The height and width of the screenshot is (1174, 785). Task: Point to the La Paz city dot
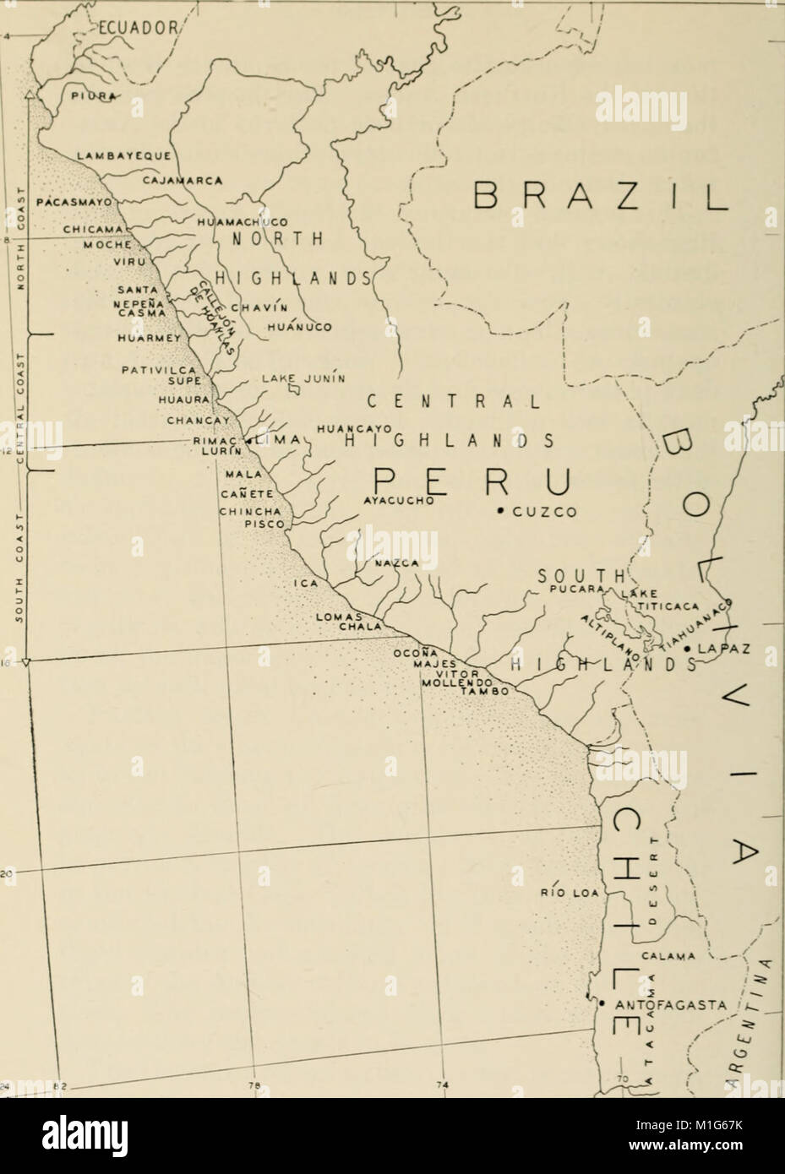[x=689, y=648]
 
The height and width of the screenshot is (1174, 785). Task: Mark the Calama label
[x=668, y=956]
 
